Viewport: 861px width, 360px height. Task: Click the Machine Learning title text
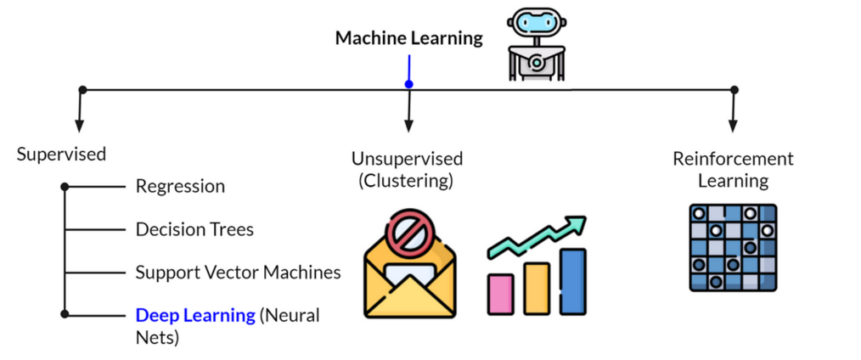[408, 38]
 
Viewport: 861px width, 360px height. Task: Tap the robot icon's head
[534, 26]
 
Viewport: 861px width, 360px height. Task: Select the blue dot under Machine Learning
[408, 84]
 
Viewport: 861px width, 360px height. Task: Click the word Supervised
[61, 155]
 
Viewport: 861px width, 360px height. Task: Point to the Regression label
[180, 186]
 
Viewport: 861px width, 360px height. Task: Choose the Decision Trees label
[194, 229]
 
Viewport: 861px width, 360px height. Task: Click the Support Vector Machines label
[238, 273]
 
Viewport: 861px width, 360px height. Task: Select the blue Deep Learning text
[195, 315]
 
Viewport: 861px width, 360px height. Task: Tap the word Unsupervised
[408, 159]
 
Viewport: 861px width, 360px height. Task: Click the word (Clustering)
[405, 180]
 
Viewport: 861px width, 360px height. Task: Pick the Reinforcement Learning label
[733, 169]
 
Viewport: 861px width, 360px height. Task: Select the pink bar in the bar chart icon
[502, 291]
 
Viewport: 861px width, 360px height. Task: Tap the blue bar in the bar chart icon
[572, 279]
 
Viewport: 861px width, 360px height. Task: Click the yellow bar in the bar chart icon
[537, 286]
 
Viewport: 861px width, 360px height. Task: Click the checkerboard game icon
[731, 247]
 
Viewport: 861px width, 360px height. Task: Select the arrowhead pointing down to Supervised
[80, 126]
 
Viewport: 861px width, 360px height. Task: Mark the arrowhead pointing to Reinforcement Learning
[734, 126]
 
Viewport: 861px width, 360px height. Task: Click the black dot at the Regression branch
[65, 186]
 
